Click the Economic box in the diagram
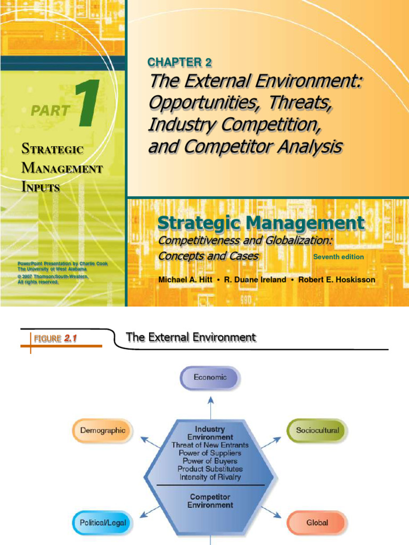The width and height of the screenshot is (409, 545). pyautogui.click(x=210, y=377)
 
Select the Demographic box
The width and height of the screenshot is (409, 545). pyautogui.click(x=103, y=430)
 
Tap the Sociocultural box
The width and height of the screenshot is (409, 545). pyautogui.click(x=316, y=430)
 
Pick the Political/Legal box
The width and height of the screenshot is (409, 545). pyautogui.click(x=103, y=523)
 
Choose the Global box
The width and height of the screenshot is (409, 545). pyautogui.click(x=317, y=523)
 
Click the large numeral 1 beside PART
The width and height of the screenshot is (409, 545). pyautogui.click(x=88, y=104)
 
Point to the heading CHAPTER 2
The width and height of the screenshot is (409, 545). pyautogui.click(x=179, y=63)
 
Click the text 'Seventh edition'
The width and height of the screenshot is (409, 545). pyautogui.click(x=338, y=257)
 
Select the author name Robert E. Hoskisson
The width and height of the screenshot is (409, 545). pyautogui.click(x=337, y=280)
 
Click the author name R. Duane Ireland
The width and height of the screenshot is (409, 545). pyautogui.click(x=256, y=280)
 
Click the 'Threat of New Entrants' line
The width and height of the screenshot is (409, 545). pyautogui.click(x=210, y=445)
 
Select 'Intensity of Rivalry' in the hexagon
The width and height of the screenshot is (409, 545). pyautogui.click(x=210, y=477)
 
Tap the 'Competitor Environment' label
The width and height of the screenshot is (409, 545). pyautogui.click(x=210, y=500)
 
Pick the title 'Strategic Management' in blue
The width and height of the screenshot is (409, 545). pyautogui.click(x=261, y=223)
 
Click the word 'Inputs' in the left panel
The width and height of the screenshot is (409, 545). pyautogui.click(x=40, y=187)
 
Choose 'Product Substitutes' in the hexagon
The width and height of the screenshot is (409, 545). pyautogui.click(x=210, y=469)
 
